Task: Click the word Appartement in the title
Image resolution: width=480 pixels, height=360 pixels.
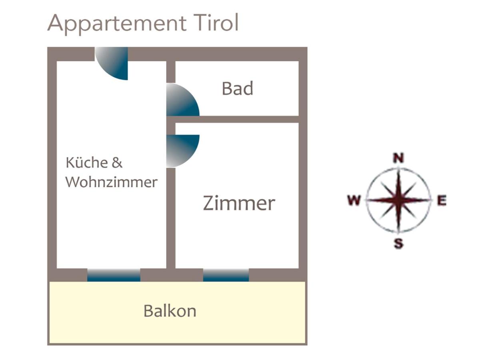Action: click(x=117, y=24)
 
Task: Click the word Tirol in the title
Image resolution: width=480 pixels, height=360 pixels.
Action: click(x=216, y=22)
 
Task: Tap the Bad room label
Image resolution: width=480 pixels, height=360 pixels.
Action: click(x=238, y=88)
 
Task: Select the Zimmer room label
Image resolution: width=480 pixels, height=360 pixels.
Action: click(x=239, y=203)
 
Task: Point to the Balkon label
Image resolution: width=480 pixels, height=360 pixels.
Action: click(x=170, y=311)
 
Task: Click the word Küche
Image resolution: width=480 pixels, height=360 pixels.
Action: click(x=86, y=162)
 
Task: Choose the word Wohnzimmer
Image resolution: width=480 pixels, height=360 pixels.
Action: click(x=112, y=182)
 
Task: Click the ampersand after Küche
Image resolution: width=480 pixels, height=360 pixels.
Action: click(x=117, y=163)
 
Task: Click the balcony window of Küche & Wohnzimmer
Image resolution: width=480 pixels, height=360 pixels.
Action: click(x=114, y=275)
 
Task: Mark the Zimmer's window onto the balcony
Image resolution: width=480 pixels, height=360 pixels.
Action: click(x=226, y=275)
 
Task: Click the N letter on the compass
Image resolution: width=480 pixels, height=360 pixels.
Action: click(x=398, y=158)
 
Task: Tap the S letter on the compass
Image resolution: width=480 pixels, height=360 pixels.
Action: click(x=398, y=244)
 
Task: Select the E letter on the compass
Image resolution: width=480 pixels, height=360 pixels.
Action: click(x=442, y=200)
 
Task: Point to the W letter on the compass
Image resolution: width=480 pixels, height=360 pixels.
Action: click(x=354, y=200)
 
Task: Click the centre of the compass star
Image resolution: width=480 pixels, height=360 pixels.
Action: click(x=398, y=200)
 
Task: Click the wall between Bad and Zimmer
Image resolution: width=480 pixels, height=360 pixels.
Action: click(x=233, y=119)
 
